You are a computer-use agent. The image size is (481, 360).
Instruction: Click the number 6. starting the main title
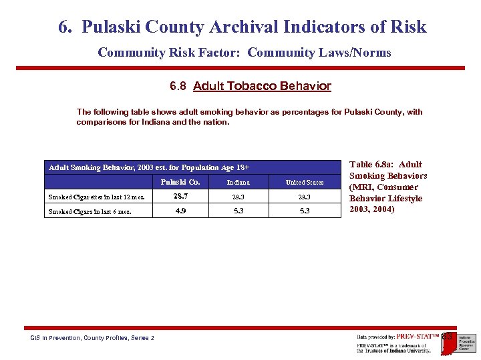[x=65, y=27]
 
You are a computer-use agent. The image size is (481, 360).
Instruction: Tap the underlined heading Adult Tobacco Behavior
[x=262, y=86]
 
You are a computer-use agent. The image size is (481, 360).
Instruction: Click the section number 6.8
[x=178, y=86]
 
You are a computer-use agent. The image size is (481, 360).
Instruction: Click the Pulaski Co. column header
[x=180, y=182]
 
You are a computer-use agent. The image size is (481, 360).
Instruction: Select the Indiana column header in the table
[x=238, y=182]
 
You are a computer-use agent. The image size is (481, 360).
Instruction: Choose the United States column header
[x=305, y=182]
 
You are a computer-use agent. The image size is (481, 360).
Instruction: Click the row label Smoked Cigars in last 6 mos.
[x=90, y=212]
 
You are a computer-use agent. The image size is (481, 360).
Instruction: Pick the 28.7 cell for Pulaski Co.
[x=180, y=197]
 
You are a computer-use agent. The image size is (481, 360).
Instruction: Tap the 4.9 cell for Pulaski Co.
[x=180, y=212]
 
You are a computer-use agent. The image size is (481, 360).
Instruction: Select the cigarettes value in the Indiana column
[x=238, y=197]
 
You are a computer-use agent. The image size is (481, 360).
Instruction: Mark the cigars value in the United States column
[x=305, y=212]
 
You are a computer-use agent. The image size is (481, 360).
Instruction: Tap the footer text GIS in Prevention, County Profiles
[x=92, y=338]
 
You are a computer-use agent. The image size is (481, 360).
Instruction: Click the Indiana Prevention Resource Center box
[x=466, y=341]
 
